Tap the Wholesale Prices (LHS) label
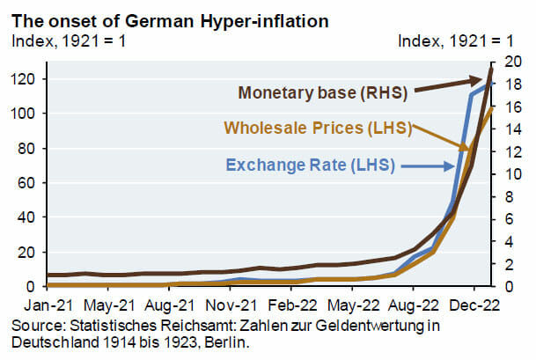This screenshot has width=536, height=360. (319, 128)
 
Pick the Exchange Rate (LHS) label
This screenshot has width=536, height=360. (311, 164)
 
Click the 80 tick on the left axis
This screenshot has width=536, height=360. (25, 149)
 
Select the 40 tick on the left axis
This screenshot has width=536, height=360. (25, 217)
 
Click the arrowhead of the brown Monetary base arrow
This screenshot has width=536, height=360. (483, 81)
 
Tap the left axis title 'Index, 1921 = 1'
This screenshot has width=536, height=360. (67, 40)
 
